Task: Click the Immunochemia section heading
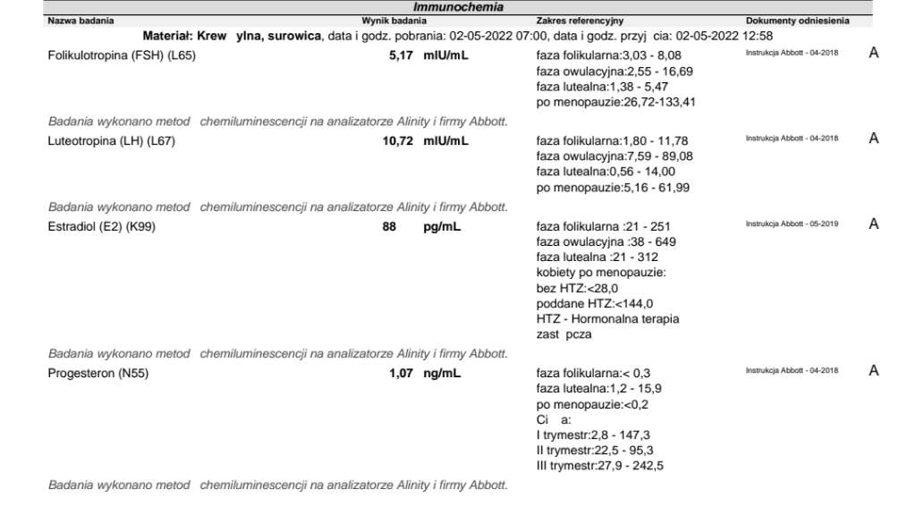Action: [458, 7]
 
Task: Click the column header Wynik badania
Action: [394, 20]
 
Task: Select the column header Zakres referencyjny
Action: [580, 20]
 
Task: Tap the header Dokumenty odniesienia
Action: [797, 20]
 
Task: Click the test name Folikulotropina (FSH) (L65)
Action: [121, 55]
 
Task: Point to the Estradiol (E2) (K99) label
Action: [101, 226]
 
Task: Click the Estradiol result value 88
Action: [389, 226]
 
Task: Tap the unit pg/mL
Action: [442, 226]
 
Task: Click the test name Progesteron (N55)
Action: [98, 373]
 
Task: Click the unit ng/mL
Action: [442, 373]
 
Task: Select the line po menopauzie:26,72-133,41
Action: [615, 103]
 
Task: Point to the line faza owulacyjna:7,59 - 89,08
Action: [614, 156]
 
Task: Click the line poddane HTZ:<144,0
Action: [594, 304]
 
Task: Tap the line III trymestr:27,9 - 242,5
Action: [599, 466]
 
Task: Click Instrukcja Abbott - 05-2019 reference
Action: [792, 224]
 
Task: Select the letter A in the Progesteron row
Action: [874, 371]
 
